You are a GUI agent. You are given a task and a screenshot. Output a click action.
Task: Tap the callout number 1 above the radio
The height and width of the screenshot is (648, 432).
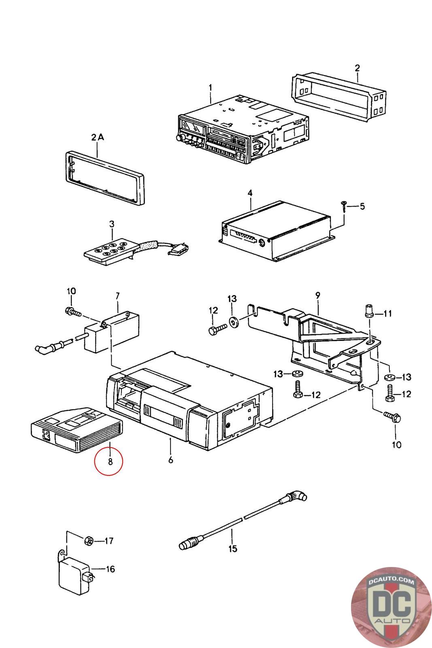(210, 87)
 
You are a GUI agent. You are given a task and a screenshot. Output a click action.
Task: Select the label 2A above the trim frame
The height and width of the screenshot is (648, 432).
(97, 138)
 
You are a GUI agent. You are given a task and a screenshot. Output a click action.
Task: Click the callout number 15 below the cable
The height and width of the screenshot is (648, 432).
(232, 549)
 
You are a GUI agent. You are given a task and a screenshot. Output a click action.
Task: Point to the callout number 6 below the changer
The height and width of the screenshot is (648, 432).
(170, 460)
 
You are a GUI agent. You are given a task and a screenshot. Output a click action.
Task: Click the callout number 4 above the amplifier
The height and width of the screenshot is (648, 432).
(250, 193)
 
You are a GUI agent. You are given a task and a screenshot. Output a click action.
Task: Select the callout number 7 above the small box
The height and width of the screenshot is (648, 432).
(117, 296)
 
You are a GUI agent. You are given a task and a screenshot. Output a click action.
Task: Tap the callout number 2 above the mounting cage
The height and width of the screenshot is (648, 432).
(357, 68)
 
